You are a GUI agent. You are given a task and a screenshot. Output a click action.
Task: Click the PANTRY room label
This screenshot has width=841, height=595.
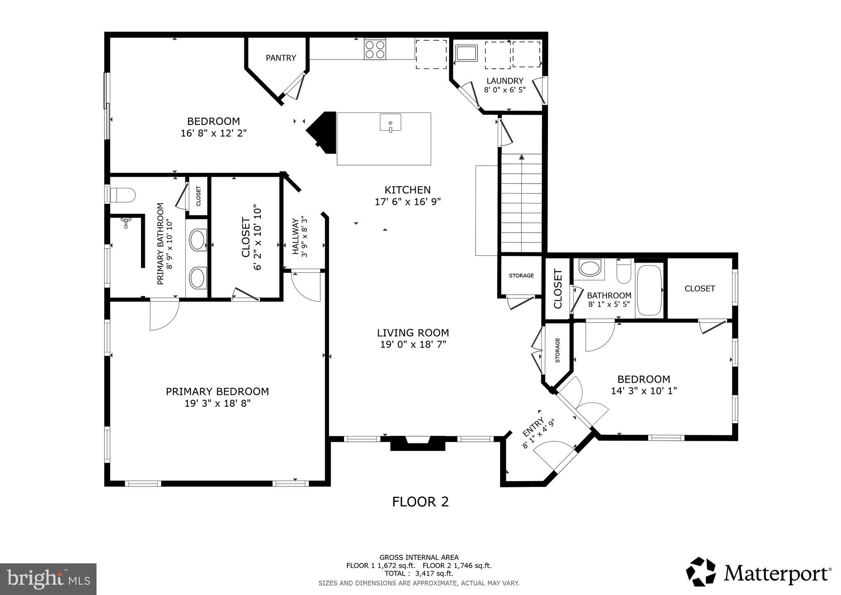pos(281,58)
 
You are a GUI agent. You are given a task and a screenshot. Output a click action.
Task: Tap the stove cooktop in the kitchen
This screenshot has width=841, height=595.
pos(375,49)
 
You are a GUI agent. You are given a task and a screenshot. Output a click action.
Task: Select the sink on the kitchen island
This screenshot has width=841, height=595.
pos(390,123)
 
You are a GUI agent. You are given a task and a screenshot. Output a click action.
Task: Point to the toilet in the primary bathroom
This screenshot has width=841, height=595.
pos(122,195)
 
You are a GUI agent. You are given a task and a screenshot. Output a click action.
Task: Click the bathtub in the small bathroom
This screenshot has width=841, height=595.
pos(649,291)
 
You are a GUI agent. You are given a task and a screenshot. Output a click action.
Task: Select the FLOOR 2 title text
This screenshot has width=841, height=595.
pos(420,502)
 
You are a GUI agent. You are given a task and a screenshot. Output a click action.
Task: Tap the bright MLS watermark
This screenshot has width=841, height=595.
pos(48,579)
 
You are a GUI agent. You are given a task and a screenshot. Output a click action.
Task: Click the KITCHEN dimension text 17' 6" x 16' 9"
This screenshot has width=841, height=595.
pos(407,202)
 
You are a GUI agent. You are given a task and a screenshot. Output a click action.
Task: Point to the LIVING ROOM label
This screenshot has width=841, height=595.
pos(413,333)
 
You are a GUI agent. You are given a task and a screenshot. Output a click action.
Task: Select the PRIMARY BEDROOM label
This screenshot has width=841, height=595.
pos(217,392)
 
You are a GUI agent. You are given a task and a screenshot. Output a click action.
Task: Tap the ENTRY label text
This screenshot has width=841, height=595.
pos(533,427)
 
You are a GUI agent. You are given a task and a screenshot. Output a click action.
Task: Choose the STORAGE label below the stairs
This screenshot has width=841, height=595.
pos(521,276)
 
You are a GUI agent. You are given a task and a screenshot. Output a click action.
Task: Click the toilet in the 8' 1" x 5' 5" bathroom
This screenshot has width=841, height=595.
pos(624,271)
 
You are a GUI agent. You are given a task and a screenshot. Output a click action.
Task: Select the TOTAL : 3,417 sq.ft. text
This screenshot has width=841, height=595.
pos(419,573)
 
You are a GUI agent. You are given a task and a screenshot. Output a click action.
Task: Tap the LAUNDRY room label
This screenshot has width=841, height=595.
pos(505,81)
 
